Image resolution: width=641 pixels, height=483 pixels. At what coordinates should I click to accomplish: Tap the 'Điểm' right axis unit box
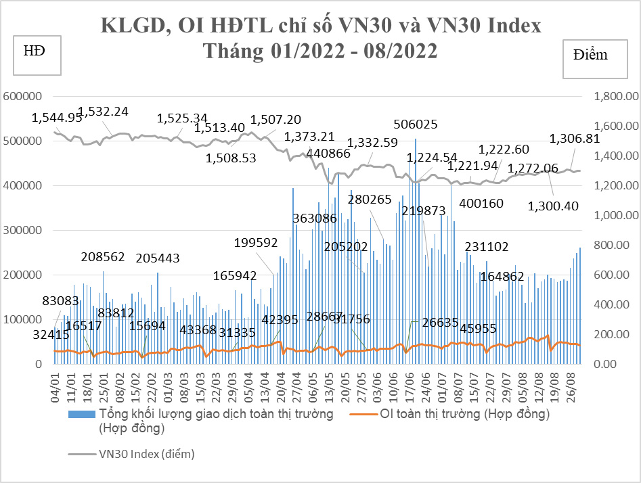[x=590, y=55]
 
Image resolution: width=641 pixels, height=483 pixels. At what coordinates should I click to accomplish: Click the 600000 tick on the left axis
[x=24, y=97]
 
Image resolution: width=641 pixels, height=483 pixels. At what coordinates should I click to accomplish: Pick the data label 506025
[x=416, y=124]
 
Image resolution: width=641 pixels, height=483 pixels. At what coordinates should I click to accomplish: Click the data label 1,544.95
[x=57, y=118]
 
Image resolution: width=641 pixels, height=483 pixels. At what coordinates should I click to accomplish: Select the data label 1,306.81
[x=574, y=139]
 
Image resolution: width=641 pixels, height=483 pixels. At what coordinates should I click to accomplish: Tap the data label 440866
[x=328, y=154]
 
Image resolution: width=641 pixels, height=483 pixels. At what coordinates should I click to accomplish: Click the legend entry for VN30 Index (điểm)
[x=146, y=454]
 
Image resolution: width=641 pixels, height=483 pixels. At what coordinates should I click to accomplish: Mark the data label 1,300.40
[x=553, y=206]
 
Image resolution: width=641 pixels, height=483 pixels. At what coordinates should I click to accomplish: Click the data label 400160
[x=481, y=202]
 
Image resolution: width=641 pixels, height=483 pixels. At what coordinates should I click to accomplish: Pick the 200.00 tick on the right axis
[x=614, y=335]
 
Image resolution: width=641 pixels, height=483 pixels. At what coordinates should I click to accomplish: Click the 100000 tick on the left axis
[x=24, y=320]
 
